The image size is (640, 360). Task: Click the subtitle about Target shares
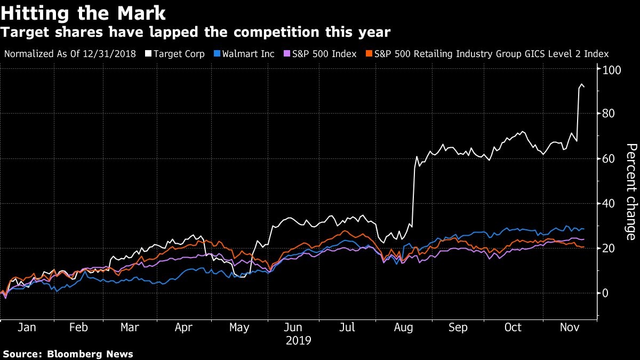click(x=195, y=33)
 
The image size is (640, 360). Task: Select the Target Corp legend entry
click(x=177, y=54)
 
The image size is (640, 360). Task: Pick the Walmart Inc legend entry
click(x=246, y=54)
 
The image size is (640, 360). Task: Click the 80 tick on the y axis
click(x=609, y=114)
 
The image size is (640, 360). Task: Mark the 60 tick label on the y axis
click(x=609, y=158)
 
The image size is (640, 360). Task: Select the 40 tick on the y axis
click(x=609, y=203)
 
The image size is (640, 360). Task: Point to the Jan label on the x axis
click(x=27, y=327)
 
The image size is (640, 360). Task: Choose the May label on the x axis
click(x=239, y=327)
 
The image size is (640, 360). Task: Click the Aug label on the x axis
click(x=404, y=327)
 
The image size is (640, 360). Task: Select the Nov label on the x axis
click(x=569, y=327)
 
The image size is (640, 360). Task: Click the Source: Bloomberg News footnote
click(x=68, y=354)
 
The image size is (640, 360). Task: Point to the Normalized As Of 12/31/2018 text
click(x=70, y=54)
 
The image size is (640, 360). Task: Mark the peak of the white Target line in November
click(x=581, y=84)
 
